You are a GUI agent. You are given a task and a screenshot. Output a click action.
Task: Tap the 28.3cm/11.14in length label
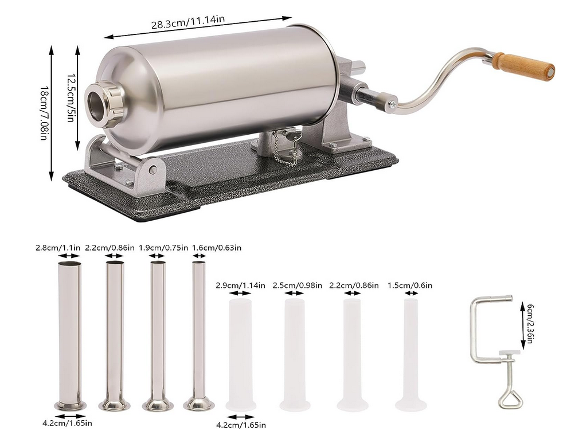coord(187,22)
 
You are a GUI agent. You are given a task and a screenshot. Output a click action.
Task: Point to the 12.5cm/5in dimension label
coord(71,97)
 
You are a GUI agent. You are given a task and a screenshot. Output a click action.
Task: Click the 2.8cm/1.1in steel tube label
coord(58,248)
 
